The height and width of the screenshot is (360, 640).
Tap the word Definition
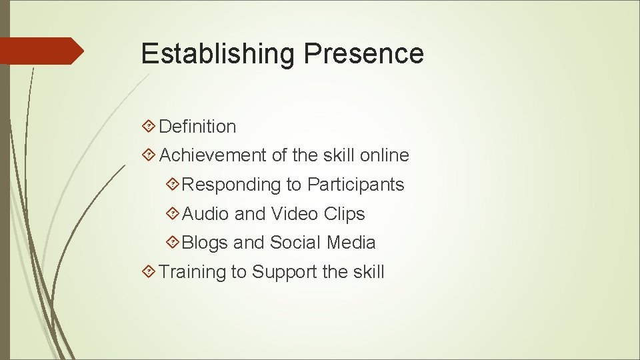click(197, 126)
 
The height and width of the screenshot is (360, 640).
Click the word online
click(384, 155)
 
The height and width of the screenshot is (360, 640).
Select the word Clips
click(345, 214)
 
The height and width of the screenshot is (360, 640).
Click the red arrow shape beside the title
click(40, 51)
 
